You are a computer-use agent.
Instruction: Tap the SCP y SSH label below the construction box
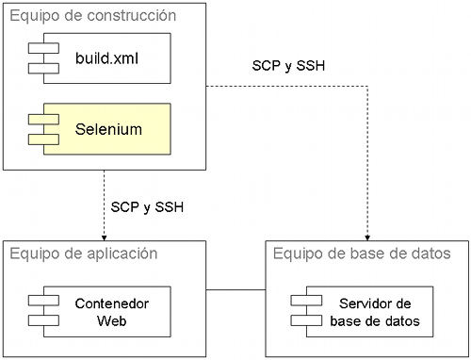click(x=147, y=205)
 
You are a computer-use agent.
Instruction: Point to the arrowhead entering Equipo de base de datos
click(x=366, y=236)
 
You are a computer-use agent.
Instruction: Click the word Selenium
click(x=108, y=128)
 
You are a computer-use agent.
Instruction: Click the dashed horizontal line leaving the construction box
click(x=283, y=86)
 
